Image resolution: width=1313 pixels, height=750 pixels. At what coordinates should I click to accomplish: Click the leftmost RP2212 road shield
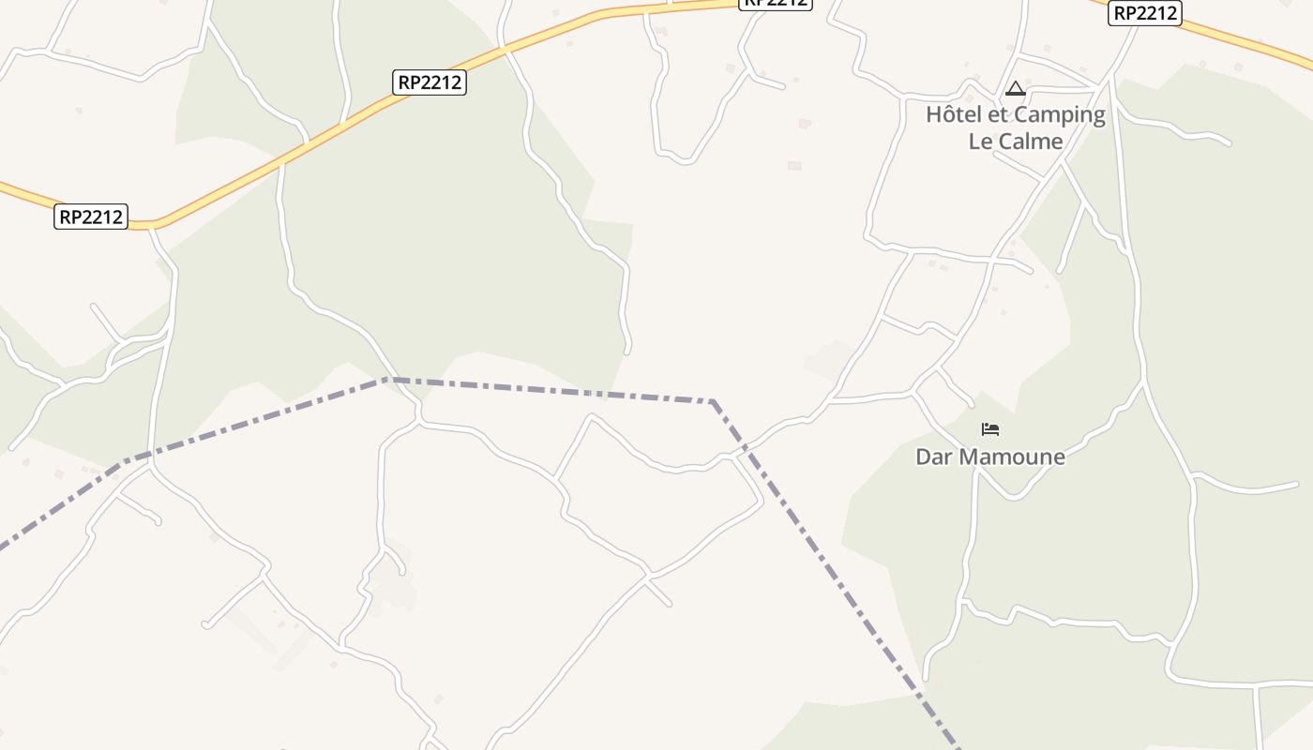[x=91, y=217]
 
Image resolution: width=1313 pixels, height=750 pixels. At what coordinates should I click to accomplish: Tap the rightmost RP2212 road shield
[x=1144, y=13]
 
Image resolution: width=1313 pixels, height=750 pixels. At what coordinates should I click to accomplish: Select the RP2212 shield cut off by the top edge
[x=776, y=3]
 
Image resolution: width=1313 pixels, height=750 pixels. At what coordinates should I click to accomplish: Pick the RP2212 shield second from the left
[x=430, y=82]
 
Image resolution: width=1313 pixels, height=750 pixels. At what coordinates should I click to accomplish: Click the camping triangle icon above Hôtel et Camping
[x=1015, y=89]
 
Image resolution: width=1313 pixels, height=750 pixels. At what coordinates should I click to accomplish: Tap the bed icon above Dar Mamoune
[x=990, y=430]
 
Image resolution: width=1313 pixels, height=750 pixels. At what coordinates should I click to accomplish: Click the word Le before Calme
[x=980, y=142]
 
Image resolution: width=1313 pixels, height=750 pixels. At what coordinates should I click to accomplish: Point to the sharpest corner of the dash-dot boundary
[x=713, y=402]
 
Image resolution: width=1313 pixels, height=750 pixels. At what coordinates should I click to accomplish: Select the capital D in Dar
[x=923, y=457]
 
